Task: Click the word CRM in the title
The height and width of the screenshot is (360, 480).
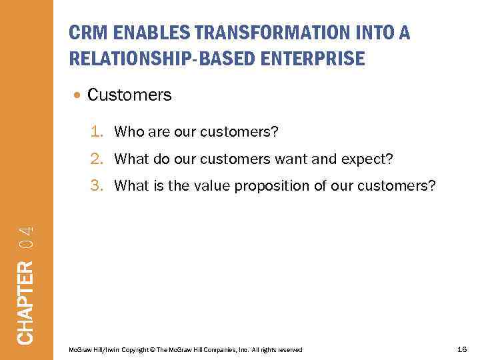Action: click(87, 33)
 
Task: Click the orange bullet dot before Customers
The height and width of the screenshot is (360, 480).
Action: click(79, 95)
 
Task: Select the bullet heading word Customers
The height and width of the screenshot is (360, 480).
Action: click(129, 95)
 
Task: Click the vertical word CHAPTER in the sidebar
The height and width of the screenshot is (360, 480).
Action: click(25, 302)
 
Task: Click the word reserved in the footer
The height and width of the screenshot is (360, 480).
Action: click(289, 350)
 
